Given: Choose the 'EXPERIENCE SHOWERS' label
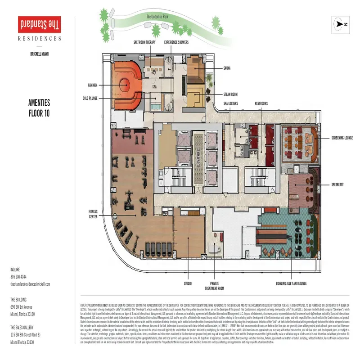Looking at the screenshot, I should (x=176, y=42).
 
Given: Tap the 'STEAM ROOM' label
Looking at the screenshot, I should (x=230, y=94).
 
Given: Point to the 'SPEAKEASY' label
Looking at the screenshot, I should (x=339, y=185).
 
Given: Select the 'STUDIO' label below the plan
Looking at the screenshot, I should (x=188, y=283).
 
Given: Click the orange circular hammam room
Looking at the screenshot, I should (x=124, y=84).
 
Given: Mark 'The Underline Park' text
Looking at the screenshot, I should (x=161, y=17).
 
